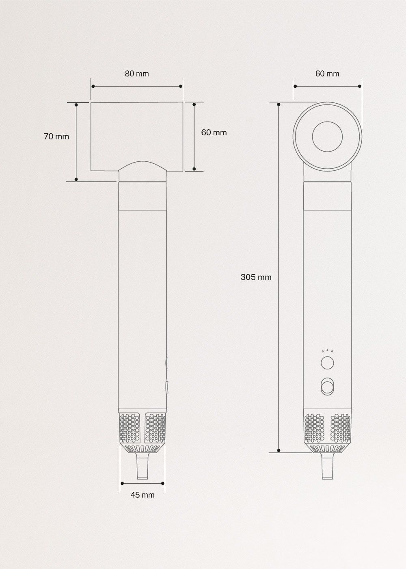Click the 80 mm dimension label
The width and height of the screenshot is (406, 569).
[137, 74]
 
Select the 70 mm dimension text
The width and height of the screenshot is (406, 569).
[56, 137]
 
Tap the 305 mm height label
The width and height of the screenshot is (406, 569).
[256, 277]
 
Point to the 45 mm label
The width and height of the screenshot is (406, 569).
[143, 495]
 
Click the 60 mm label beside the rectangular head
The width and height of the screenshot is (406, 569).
[214, 132]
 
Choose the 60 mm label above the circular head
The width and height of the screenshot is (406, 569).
[327, 74]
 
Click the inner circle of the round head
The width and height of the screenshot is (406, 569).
[327, 137]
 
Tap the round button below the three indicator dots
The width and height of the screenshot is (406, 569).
[327, 363]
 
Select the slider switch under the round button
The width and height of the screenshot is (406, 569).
[327, 386]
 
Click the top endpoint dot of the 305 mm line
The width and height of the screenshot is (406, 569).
[279, 104]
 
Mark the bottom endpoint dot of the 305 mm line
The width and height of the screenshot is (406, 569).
[279, 450]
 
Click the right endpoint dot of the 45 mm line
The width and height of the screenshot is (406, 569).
[163, 483]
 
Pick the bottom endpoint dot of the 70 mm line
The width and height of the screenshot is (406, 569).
[76, 179]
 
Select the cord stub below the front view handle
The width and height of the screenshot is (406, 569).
[143, 467]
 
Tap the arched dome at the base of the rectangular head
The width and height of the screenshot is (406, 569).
[142, 166]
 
